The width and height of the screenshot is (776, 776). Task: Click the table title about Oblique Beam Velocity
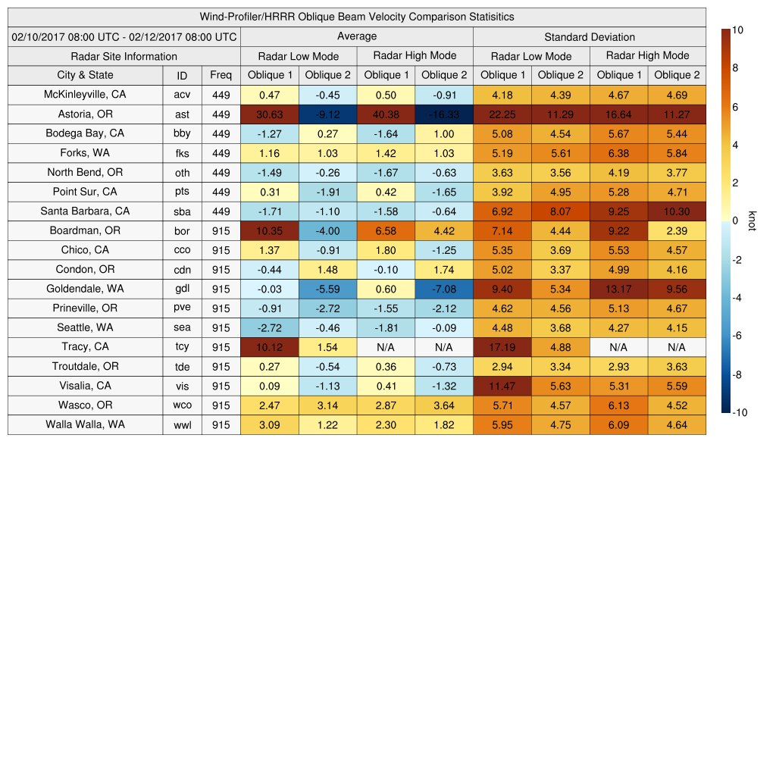tap(357, 17)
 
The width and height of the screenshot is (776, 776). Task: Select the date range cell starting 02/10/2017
tap(124, 36)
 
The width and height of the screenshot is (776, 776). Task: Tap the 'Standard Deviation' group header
tap(590, 37)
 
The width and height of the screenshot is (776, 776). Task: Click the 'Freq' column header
tap(221, 75)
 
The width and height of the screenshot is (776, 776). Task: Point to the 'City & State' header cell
tap(85, 75)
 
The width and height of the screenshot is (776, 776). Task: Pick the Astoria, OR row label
tap(85, 114)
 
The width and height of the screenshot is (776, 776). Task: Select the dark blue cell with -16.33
tap(444, 114)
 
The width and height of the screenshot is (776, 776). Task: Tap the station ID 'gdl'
tap(182, 289)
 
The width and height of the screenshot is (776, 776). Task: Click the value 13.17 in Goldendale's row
tap(618, 289)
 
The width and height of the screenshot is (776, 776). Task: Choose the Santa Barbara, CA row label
tap(85, 211)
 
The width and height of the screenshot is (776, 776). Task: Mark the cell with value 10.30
tap(677, 211)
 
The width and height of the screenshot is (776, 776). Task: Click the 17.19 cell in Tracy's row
tap(502, 347)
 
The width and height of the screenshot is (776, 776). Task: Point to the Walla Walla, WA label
tap(85, 424)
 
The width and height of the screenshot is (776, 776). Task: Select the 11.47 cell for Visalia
tap(502, 386)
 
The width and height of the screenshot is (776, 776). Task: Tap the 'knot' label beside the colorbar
tap(753, 221)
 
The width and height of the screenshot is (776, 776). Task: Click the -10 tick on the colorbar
tap(742, 413)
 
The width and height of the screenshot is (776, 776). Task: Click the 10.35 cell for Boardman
tap(269, 230)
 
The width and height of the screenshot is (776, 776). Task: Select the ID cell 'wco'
tap(182, 405)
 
